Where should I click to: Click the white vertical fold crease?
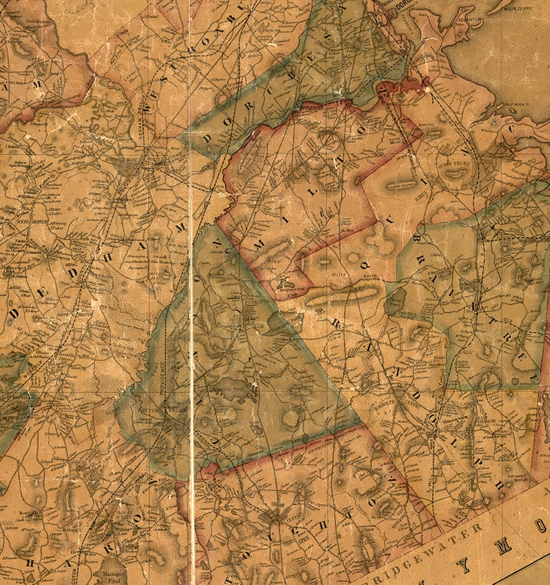coord(191,346)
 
